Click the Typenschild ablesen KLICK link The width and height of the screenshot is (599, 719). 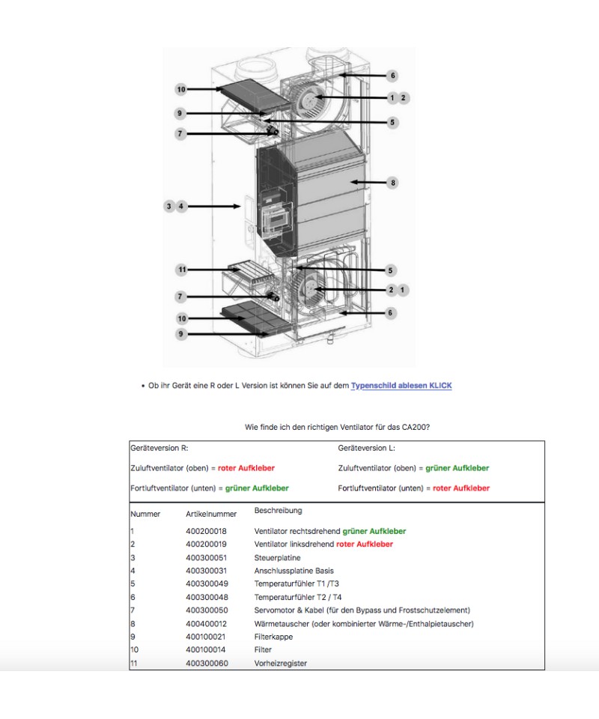click(401, 386)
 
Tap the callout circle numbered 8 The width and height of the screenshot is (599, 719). click(392, 182)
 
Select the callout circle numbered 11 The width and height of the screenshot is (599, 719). click(181, 270)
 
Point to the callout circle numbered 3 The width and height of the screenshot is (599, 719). click(169, 206)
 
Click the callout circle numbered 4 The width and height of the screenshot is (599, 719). click(181, 206)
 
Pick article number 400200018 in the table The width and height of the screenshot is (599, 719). click(206, 531)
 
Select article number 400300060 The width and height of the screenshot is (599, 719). click(206, 663)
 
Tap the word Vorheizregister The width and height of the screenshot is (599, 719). click(281, 663)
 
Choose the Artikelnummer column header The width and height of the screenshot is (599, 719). click(211, 514)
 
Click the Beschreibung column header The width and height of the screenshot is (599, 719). click(278, 511)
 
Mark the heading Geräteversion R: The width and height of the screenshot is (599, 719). click(159, 448)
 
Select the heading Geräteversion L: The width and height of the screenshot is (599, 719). click(366, 448)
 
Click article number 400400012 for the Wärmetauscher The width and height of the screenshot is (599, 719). click(206, 623)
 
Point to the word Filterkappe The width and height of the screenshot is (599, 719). click(273, 637)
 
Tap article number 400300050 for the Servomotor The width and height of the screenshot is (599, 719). click(206, 610)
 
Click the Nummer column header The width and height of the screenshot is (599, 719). click(145, 514)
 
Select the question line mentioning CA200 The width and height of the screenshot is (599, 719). click(337, 427)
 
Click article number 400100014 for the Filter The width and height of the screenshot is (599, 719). click(206, 650)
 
